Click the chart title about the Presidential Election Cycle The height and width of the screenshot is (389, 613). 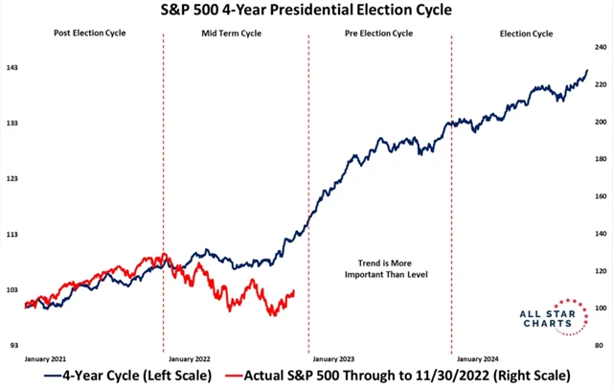coord(306,12)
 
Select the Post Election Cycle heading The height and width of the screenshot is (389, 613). coord(90,34)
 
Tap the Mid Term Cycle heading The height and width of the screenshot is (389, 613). coord(231,34)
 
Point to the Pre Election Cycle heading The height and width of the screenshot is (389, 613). coord(378,34)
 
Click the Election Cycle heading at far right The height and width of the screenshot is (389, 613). coord(527,34)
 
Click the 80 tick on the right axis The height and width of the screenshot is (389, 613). coord(600,345)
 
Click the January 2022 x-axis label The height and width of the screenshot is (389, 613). coord(189,356)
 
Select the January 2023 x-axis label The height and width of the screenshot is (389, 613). coord(335,356)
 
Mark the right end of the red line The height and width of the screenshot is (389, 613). coord(294,291)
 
